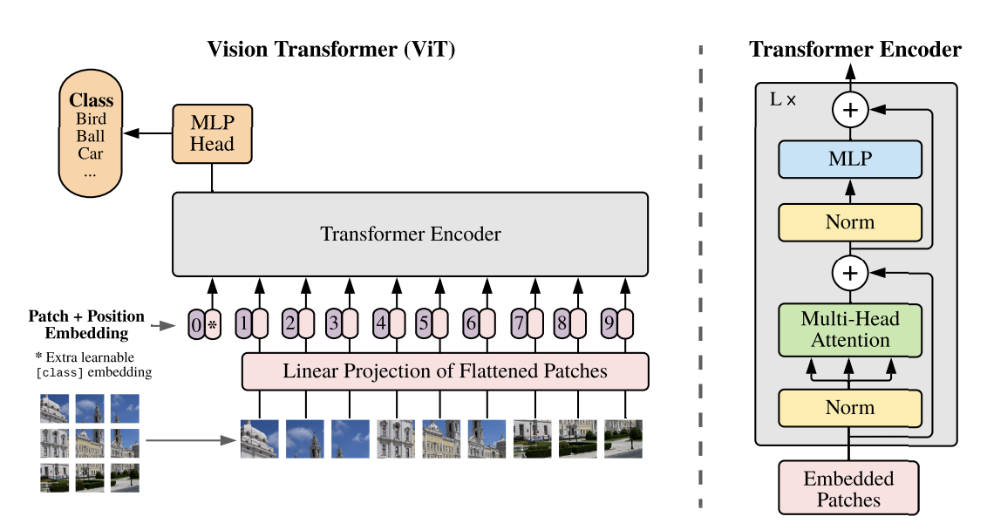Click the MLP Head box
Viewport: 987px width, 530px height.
click(x=213, y=133)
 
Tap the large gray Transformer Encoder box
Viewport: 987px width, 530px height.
click(x=410, y=234)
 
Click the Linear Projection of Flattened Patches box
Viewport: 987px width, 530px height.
click(x=445, y=371)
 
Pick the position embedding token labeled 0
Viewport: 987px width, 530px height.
click(x=196, y=325)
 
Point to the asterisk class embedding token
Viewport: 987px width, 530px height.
click(x=212, y=325)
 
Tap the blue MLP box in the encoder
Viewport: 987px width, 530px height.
click(x=849, y=160)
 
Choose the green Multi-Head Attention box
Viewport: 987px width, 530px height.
click(x=849, y=330)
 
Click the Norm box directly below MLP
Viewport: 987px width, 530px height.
click(x=849, y=222)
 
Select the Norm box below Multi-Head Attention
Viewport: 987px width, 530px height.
click(x=849, y=407)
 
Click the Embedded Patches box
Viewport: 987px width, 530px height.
click(x=848, y=488)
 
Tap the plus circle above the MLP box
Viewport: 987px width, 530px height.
click(x=849, y=111)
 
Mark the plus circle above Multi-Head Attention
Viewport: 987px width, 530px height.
click(x=849, y=273)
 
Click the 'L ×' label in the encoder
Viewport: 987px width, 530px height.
click(x=782, y=99)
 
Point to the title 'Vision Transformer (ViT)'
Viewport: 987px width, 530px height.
click(x=331, y=49)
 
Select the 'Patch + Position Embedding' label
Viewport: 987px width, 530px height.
click(x=85, y=324)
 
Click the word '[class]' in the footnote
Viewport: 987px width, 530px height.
click(x=58, y=373)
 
